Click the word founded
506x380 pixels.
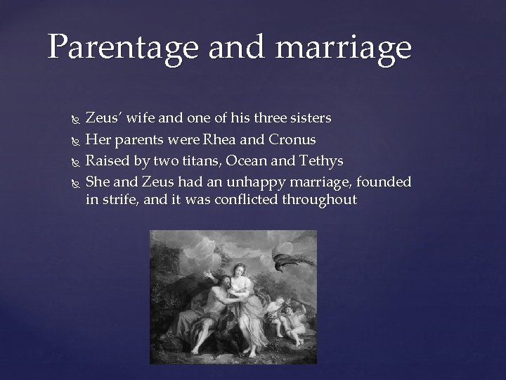[384, 182]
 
